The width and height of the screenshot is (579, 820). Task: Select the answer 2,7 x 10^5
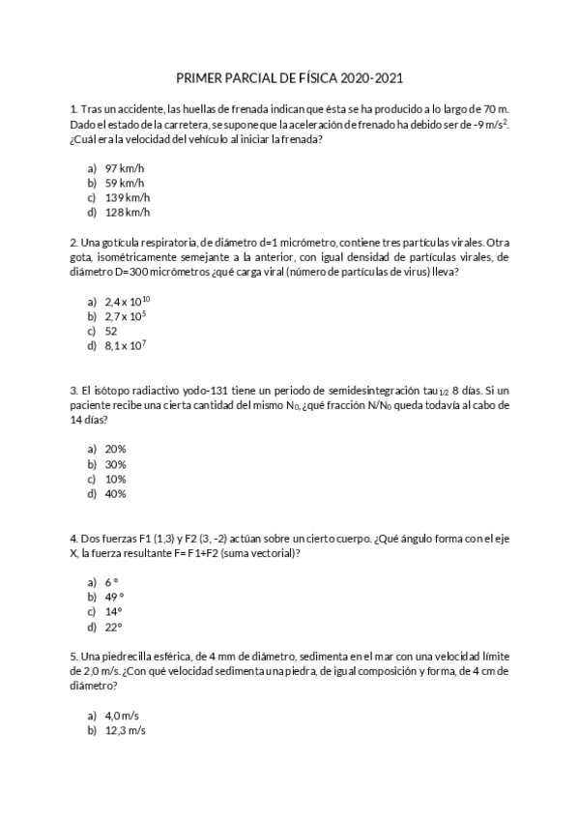(x=125, y=315)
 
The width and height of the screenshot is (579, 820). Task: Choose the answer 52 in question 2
(x=111, y=330)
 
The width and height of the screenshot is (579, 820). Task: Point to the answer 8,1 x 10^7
(x=125, y=345)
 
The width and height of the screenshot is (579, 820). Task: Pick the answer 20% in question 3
(x=115, y=449)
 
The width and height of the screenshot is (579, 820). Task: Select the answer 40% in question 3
(x=115, y=493)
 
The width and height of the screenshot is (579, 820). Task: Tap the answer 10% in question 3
(x=115, y=479)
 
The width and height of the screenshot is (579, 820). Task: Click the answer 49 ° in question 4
(x=114, y=597)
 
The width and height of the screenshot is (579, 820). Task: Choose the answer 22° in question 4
(x=113, y=626)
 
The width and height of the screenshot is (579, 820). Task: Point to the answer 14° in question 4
(x=113, y=611)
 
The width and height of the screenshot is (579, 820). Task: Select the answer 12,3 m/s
(x=125, y=730)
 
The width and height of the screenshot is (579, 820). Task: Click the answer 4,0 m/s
(x=123, y=715)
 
